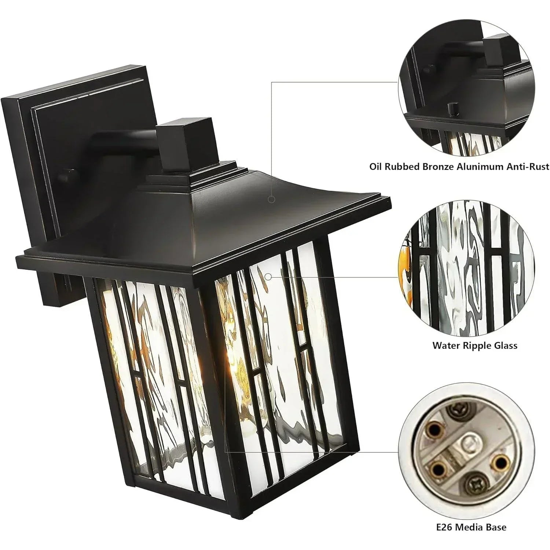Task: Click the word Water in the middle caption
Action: pos(446,345)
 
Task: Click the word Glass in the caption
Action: pos(504,345)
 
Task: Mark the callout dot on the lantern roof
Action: pos(271,199)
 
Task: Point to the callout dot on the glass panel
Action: pos(268,277)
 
